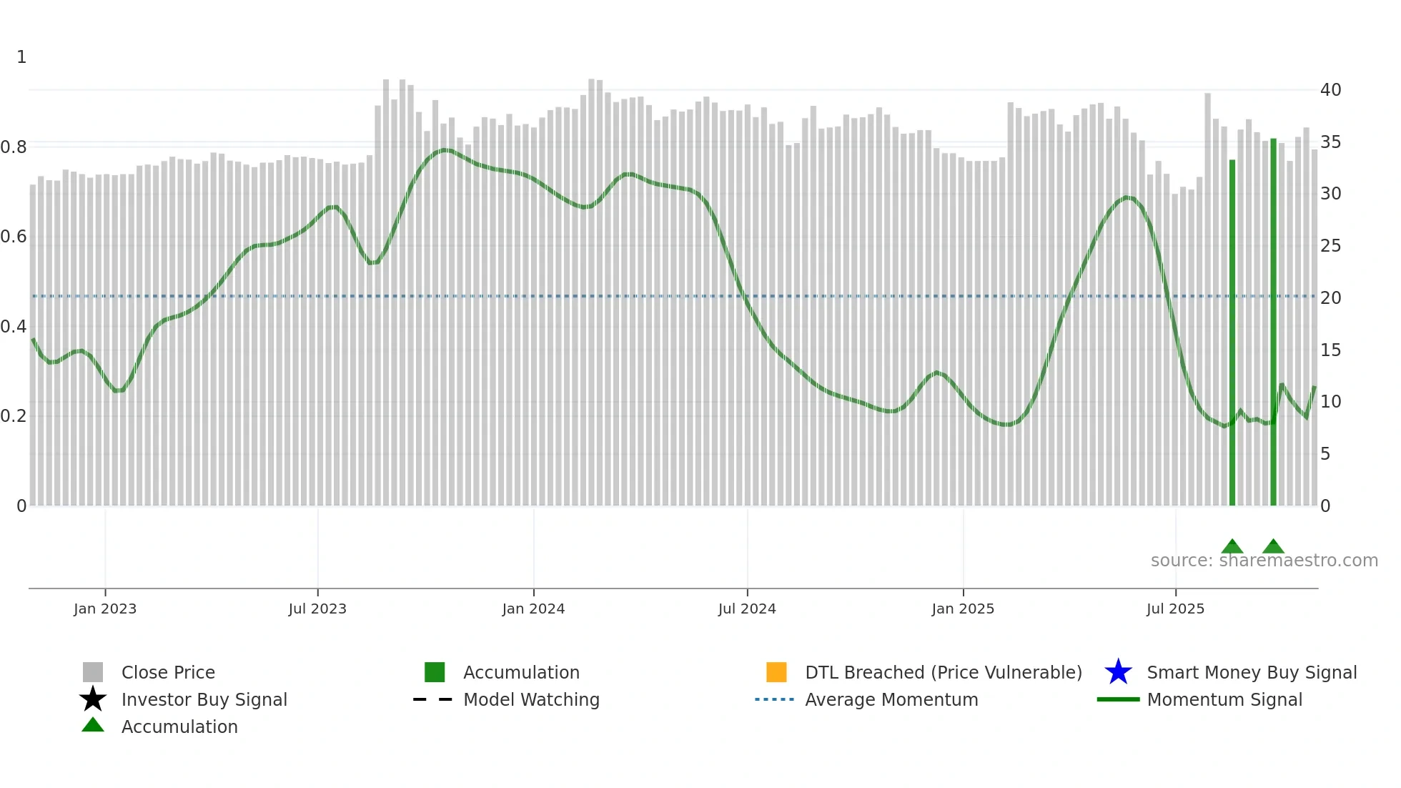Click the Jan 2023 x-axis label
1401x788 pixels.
pyautogui.click(x=105, y=609)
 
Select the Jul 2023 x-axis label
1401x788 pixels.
pyautogui.click(x=317, y=609)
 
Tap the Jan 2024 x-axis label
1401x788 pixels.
pyautogui.click(x=533, y=609)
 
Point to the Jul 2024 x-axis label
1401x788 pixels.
pyautogui.click(x=747, y=609)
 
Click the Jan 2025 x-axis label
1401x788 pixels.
pyautogui.click(x=963, y=609)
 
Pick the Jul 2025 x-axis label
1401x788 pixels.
pyautogui.click(x=1175, y=609)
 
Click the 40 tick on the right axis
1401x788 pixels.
pyautogui.click(x=1330, y=90)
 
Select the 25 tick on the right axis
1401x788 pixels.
pyautogui.click(x=1330, y=246)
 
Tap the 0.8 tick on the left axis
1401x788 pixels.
pyautogui.click(x=14, y=147)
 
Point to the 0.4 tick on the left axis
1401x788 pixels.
pyautogui.click(x=14, y=327)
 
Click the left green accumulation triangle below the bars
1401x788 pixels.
pyautogui.click(x=1232, y=546)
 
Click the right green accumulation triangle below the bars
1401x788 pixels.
pyautogui.click(x=1273, y=546)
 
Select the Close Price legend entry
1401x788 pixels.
pyautogui.click(x=168, y=672)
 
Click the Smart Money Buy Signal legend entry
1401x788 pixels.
pyautogui.click(x=1252, y=672)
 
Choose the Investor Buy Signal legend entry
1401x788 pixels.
pyautogui.click(x=204, y=699)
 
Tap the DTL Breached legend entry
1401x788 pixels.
pyautogui.click(x=943, y=672)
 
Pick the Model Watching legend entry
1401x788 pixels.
pyautogui.click(x=531, y=699)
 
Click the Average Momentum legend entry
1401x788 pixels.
pyautogui.click(x=891, y=699)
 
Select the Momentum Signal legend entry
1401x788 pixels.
pyautogui.click(x=1224, y=699)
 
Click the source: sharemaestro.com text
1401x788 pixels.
pyautogui.click(x=1264, y=561)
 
